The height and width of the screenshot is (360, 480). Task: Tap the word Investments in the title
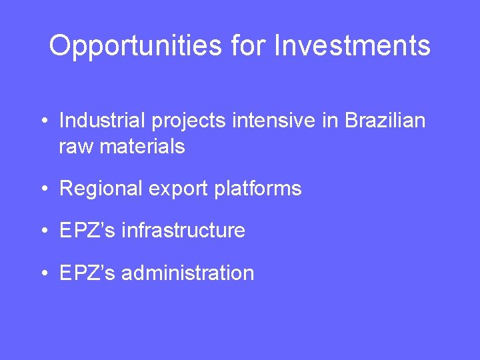[353, 45]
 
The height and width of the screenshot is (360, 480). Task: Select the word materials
[142, 146]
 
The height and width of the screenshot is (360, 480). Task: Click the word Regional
[101, 189]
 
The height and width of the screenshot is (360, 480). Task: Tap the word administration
[188, 273]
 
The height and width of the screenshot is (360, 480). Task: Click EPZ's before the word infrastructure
[86, 231]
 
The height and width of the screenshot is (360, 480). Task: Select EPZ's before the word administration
[86, 273]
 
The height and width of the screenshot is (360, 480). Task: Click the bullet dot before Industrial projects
[42, 122]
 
